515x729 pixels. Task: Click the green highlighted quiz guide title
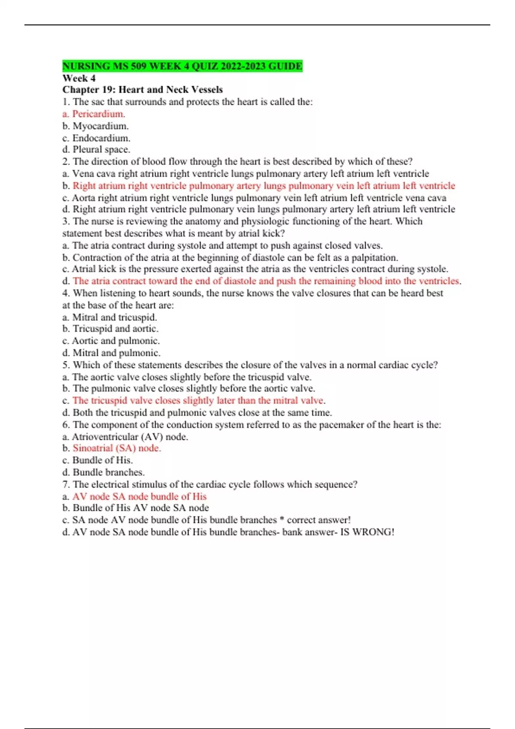182,66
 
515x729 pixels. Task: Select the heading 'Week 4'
79,78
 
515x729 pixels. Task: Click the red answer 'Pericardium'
98,114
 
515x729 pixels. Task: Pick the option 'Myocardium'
100,126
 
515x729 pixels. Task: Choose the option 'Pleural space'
101,150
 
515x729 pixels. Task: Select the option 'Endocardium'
101,138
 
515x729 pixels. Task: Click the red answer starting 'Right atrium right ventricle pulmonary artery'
264,186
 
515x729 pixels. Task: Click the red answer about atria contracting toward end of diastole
266,281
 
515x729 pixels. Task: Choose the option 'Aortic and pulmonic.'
115,341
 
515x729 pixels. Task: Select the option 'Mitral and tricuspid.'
115,317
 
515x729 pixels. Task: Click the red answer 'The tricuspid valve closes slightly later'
198,401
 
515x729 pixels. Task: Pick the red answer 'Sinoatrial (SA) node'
117,448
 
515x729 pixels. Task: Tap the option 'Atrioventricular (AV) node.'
130,437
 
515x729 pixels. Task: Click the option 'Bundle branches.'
109,472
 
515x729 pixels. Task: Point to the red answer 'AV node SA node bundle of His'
139,497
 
